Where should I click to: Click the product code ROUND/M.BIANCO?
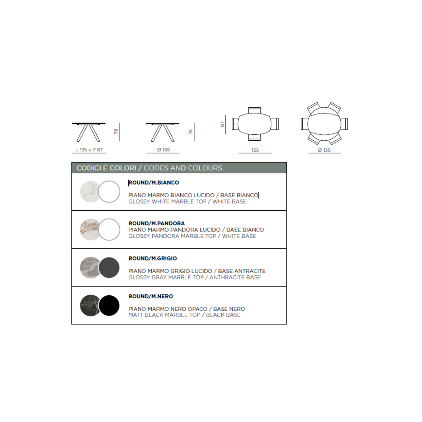[x=154, y=183]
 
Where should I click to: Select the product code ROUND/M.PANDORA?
[x=156, y=223]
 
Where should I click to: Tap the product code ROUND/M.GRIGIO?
[x=152, y=258]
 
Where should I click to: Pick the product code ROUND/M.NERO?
[x=151, y=296]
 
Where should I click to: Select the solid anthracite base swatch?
[x=109, y=267]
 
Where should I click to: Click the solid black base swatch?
[x=109, y=305]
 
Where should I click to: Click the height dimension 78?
[x=116, y=132]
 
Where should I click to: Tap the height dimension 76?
[x=190, y=132]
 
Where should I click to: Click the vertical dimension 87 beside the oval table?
[x=222, y=124]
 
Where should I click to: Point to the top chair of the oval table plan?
[x=254, y=110]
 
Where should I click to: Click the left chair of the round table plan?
[x=305, y=124]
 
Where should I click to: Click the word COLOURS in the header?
[x=205, y=168]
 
